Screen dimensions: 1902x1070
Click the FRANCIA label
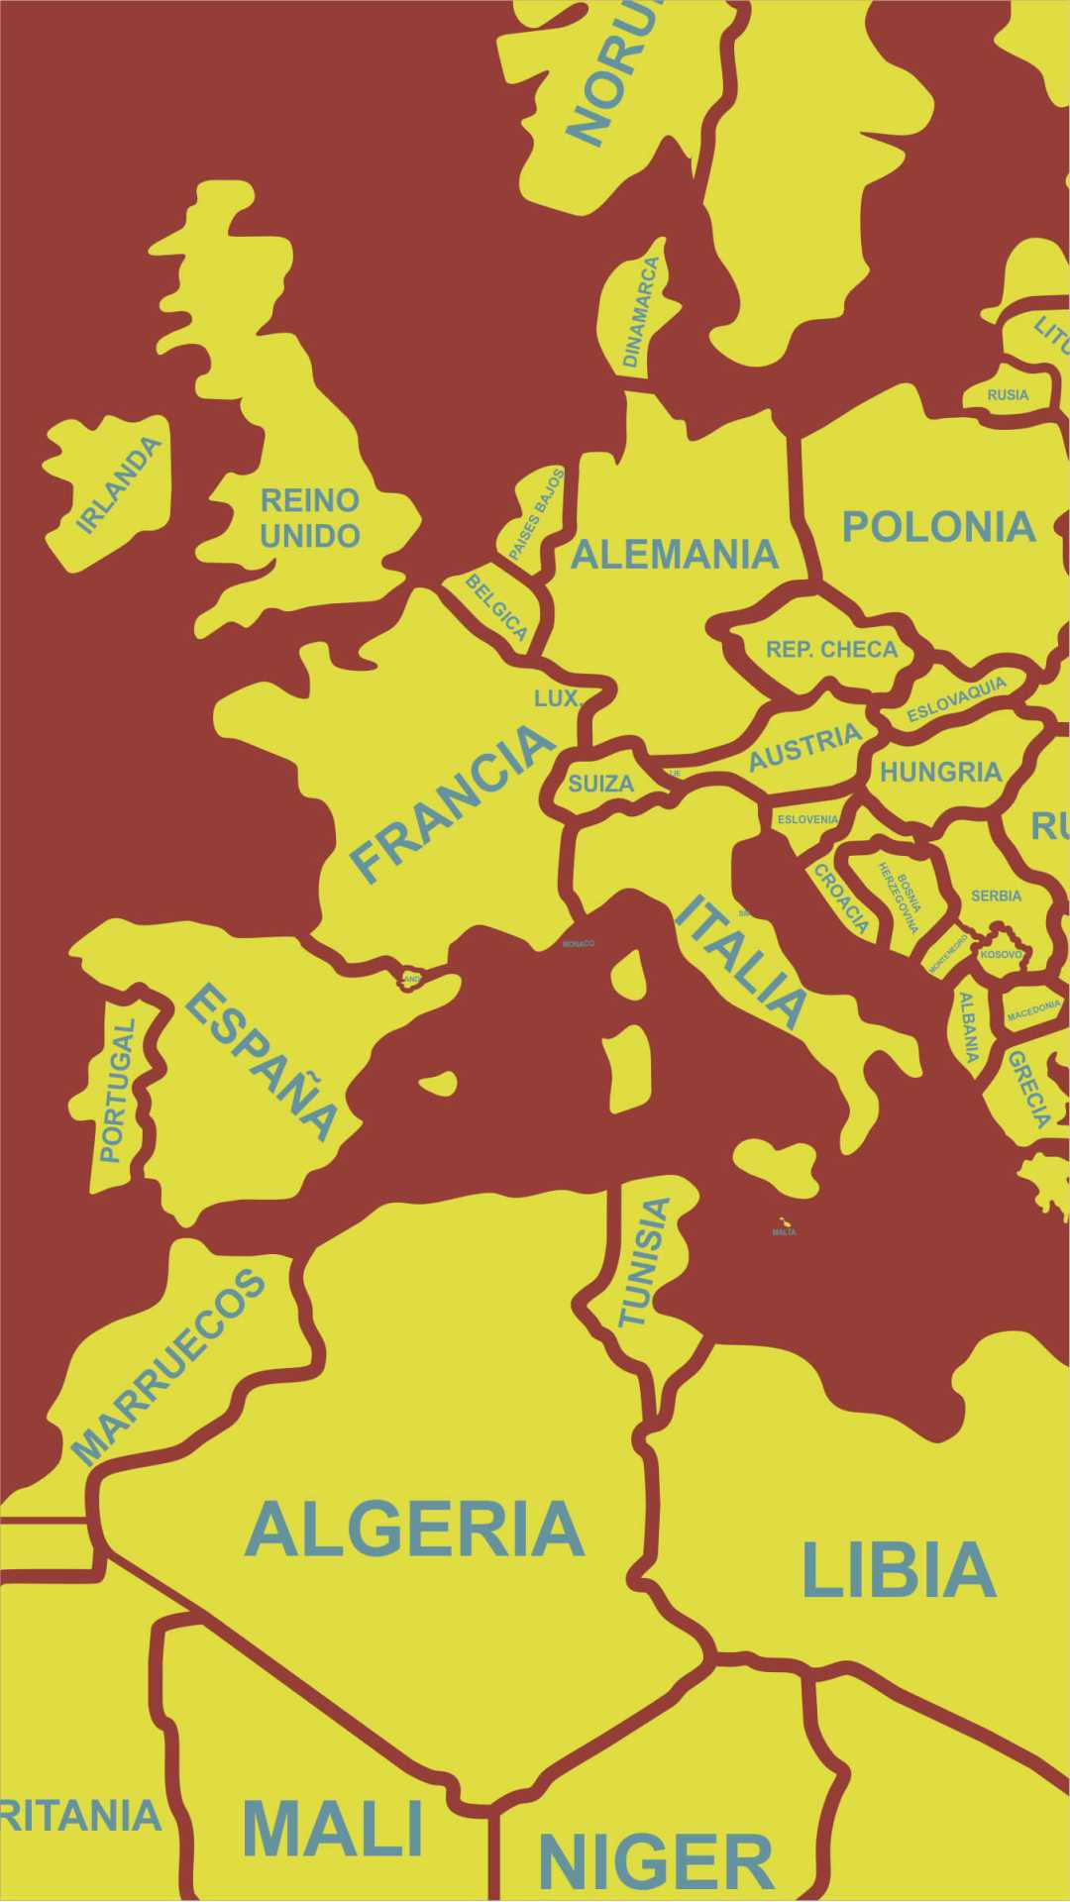tap(452, 802)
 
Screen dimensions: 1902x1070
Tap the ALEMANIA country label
tap(675, 555)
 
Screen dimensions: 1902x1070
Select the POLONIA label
tap(938, 527)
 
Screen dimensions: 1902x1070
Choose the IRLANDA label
tap(119, 485)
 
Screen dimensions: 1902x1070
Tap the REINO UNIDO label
tap(309, 517)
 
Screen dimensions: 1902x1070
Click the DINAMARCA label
tap(640, 312)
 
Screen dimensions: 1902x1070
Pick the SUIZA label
tap(600, 784)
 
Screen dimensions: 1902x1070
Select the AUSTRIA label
tap(804, 746)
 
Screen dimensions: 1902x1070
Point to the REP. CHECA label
tap(831, 650)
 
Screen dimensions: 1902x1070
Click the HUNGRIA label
tap(940, 772)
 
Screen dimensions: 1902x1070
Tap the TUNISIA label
tap(645, 1262)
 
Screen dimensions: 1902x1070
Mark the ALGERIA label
tap(414, 1530)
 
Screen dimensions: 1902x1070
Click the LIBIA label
tap(898, 1570)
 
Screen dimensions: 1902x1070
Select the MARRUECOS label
tap(169, 1366)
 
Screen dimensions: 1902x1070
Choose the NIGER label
tap(655, 1862)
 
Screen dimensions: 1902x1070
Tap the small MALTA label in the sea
tap(784, 1232)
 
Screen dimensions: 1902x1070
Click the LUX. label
tap(556, 698)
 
